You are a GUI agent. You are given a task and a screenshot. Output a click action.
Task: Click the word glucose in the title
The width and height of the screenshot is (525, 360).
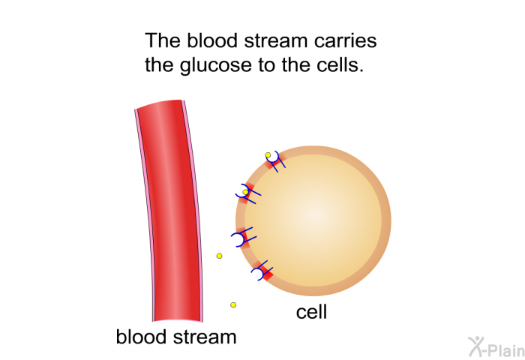pyautogui.click(x=215, y=65)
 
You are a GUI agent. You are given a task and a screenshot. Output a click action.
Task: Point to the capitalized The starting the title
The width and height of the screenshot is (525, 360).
pyautogui.click(x=163, y=40)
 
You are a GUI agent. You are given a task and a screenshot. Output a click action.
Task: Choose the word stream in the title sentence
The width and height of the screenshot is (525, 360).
pyautogui.click(x=275, y=40)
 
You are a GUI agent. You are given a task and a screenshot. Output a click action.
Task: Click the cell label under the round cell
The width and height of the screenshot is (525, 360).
pyautogui.click(x=311, y=312)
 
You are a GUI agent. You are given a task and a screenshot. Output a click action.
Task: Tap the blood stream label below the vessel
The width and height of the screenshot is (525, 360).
pyautogui.click(x=176, y=337)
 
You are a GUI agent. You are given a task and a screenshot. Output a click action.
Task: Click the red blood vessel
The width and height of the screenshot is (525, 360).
pyautogui.click(x=169, y=211)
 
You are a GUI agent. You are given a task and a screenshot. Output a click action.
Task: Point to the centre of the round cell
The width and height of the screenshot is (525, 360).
pyautogui.click(x=313, y=221)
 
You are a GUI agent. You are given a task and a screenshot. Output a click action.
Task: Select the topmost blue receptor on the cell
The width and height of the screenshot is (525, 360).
pyautogui.click(x=275, y=160)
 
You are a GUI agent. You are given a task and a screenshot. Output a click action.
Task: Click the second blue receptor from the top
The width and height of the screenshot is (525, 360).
pyautogui.click(x=247, y=193)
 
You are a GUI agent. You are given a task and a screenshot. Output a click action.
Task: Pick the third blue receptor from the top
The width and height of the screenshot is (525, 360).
pyautogui.click(x=244, y=237)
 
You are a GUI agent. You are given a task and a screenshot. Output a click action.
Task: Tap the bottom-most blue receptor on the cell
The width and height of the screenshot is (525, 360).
pyautogui.click(x=262, y=271)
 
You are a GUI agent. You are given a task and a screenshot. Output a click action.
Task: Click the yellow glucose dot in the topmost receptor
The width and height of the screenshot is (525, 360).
pyautogui.click(x=268, y=155)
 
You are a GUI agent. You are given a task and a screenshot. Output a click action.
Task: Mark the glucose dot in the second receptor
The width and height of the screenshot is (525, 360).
pyautogui.click(x=245, y=192)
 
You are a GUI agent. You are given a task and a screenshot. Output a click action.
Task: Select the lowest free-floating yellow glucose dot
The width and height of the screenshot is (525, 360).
pyautogui.click(x=233, y=304)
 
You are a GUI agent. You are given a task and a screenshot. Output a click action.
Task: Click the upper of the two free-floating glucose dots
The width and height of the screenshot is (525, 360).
pyautogui.click(x=219, y=256)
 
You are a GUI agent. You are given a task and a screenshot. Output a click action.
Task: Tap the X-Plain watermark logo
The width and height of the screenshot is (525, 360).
pyautogui.click(x=496, y=347)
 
